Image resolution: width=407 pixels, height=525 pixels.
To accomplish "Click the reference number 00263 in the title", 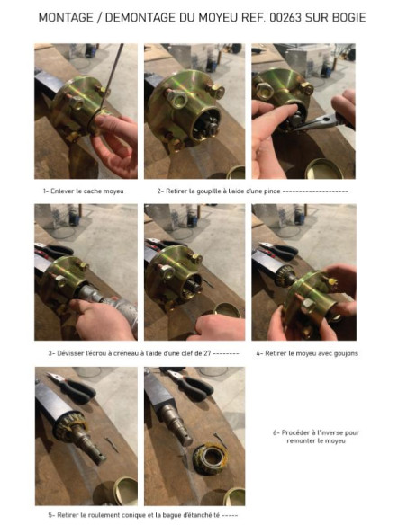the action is pyautogui.click(x=285, y=17).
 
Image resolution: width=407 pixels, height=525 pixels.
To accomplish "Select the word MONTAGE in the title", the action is pyautogui.click(x=66, y=17).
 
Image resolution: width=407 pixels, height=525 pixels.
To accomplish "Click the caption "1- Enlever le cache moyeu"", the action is pyautogui.click(x=84, y=191).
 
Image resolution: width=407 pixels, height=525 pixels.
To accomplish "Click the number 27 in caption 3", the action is pyautogui.click(x=207, y=353).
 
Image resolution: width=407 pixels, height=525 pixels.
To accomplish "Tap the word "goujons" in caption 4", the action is pyautogui.click(x=346, y=353).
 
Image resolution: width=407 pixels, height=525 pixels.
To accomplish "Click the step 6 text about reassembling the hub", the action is pyautogui.click(x=316, y=437).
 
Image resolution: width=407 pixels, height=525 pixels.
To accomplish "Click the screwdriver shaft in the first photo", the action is pyautogui.click(x=112, y=75).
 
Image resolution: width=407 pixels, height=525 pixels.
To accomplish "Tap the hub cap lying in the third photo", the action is pyautogui.click(x=324, y=169).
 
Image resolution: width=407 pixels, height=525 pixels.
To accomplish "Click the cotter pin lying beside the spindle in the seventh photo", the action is pyautogui.click(x=112, y=444).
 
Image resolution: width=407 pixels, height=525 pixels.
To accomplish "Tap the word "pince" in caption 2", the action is pyautogui.click(x=272, y=191).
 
